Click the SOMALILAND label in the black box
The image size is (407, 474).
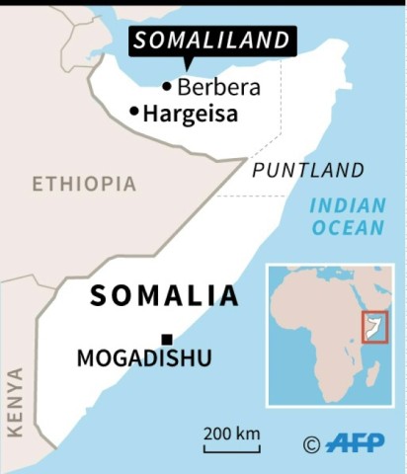pyautogui.click(x=213, y=40)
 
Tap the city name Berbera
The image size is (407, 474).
pyautogui.click(x=218, y=87)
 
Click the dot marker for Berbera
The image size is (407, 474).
pyautogui.click(x=167, y=87)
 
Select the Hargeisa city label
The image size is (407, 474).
pyautogui.click(x=191, y=114)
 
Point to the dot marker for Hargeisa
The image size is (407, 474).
pyautogui.click(x=134, y=112)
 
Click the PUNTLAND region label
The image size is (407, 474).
pyautogui.click(x=308, y=170)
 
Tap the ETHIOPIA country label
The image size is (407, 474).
pyautogui.click(x=84, y=184)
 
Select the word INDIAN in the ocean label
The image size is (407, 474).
pyautogui.click(x=346, y=205)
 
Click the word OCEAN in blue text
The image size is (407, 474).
pyautogui.click(x=348, y=228)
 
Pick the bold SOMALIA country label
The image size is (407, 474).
pyautogui.click(x=164, y=295)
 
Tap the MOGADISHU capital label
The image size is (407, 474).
pyautogui.click(x=144, y=358)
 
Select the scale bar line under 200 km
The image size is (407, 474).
pyautogui.click(x=232, y=450)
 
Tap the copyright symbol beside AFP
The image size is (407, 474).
pyautogui.click(x=311, y=444)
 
